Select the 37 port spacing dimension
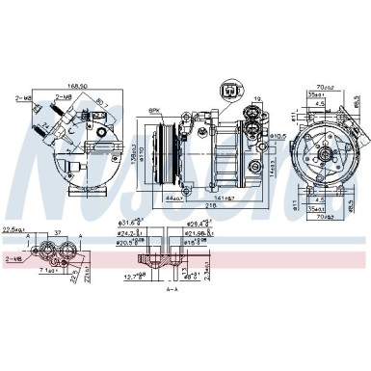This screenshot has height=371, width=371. click(59, 232)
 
